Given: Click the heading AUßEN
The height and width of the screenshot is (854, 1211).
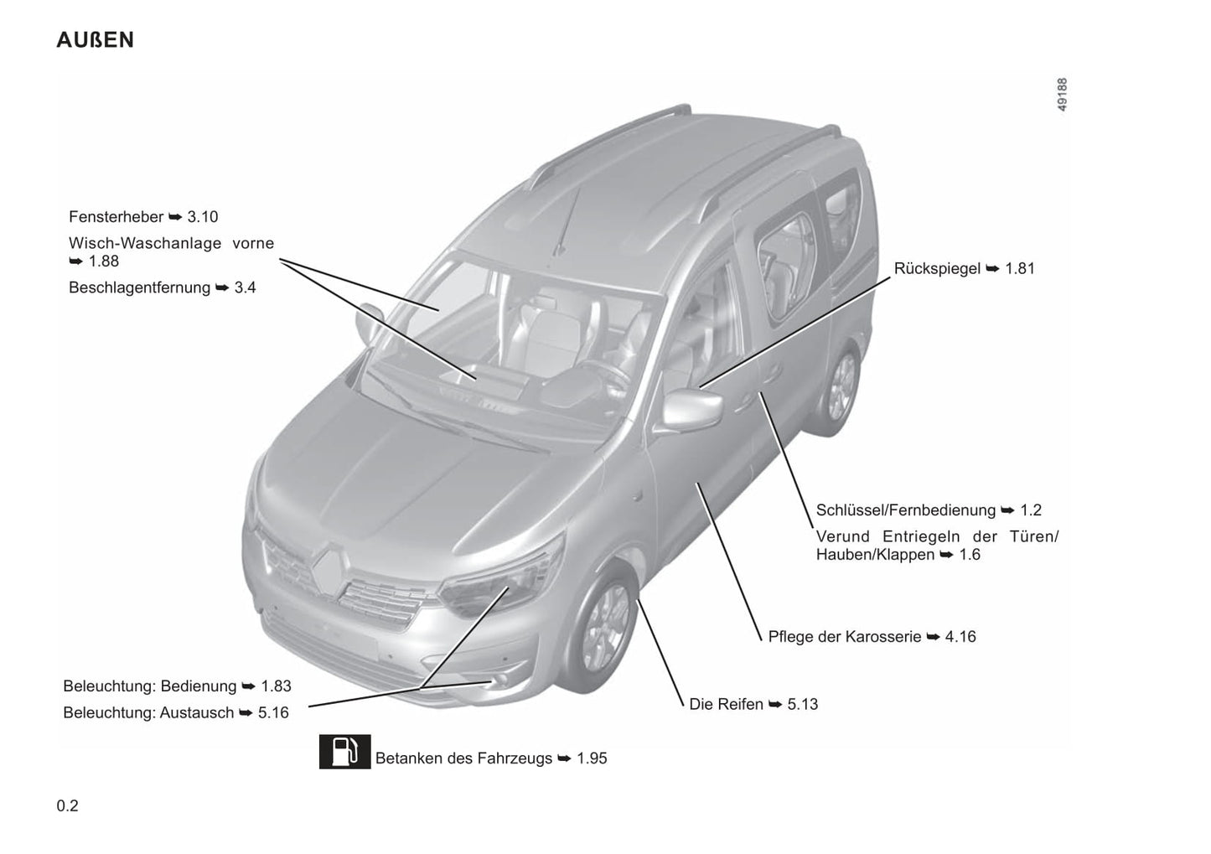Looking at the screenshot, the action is pyautogui.click(x=96, y=40).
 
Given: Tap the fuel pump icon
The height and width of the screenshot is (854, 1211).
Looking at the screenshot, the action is pyautogui.click(x=345, y=751).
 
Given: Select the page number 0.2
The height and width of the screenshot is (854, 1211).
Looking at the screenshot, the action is pyautogui.click(x=68, y=806).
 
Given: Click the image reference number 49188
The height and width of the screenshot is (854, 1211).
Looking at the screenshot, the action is pyautogui.click(x=1063, y=95).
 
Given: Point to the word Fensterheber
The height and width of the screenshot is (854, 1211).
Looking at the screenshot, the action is pyautogui.click(x=116, y=217).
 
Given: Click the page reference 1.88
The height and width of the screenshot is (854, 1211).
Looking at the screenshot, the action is pyautogui.click(x=104, y=261).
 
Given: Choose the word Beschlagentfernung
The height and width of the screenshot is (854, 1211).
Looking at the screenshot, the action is pyautogui.click(x=139, y=287).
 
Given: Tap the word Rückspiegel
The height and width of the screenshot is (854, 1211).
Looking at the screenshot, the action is pyautogui.click(x=937, y=269).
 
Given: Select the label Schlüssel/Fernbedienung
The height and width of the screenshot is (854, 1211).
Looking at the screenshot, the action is pyautogui.click(x=906, y=510).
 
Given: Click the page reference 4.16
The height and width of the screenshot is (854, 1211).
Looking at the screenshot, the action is pyautogui.click(x=960, y=637).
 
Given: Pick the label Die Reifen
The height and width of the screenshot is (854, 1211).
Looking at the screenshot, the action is pyautogui.click(x=726, y=704).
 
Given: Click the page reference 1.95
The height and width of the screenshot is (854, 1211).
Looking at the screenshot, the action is pyautogui.click(x=592, y=758).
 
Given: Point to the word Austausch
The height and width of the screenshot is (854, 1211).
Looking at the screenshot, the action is pyautogui.click(x=197, y=713).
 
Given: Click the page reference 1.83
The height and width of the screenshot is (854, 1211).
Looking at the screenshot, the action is pyautogui.click(x=277, y=686).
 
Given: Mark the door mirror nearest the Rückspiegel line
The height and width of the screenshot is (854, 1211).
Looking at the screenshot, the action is pyautogui.click(x=692, y=411).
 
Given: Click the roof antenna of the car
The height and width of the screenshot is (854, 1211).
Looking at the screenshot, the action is pyautogui.click(x=567, y=220).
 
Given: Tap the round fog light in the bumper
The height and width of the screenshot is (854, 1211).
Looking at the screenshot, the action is pyautogui.click(x=499, y=680).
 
